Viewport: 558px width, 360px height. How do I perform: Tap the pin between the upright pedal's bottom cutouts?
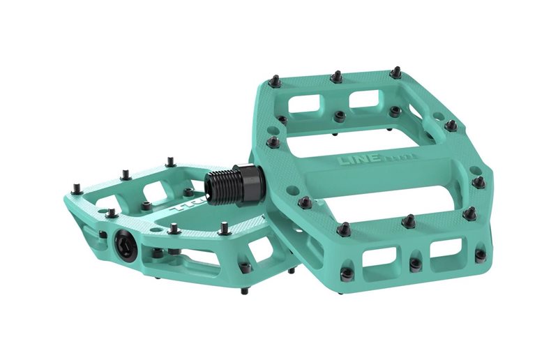tap(415, 264)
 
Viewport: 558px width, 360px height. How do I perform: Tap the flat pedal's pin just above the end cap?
tap(110, 213)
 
